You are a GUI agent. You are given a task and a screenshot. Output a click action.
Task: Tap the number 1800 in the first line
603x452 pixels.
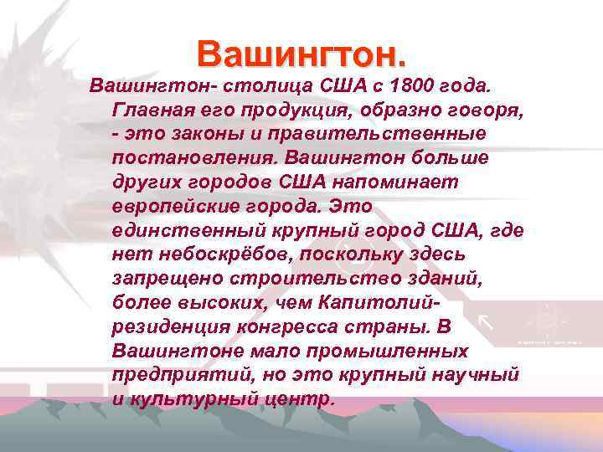click(415, 86)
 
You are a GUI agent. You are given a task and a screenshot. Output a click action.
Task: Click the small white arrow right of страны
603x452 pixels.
click(486, 322)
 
